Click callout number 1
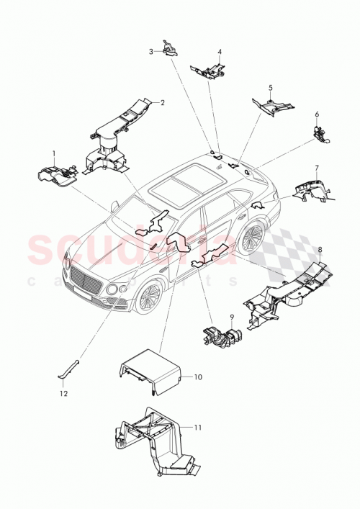pos(53,153)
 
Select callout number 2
pos(163,102)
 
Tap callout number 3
pos(151,51)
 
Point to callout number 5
pos(271,88)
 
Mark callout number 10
pos(199,377)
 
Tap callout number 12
pos(63,395)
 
